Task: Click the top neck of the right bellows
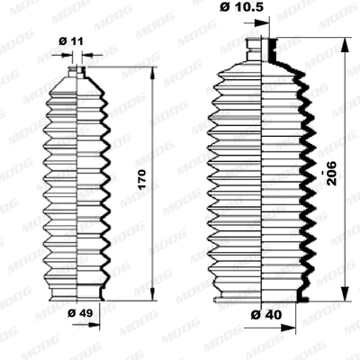point(265,45)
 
